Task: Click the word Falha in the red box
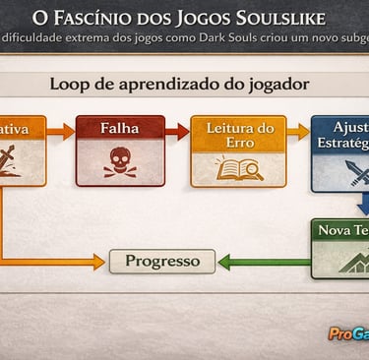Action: pos(119,128)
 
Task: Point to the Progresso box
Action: pos(162,261)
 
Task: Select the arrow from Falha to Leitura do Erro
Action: pos(177,131)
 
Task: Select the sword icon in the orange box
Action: pos(20,160)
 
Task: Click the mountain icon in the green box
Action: pos(346,262)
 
